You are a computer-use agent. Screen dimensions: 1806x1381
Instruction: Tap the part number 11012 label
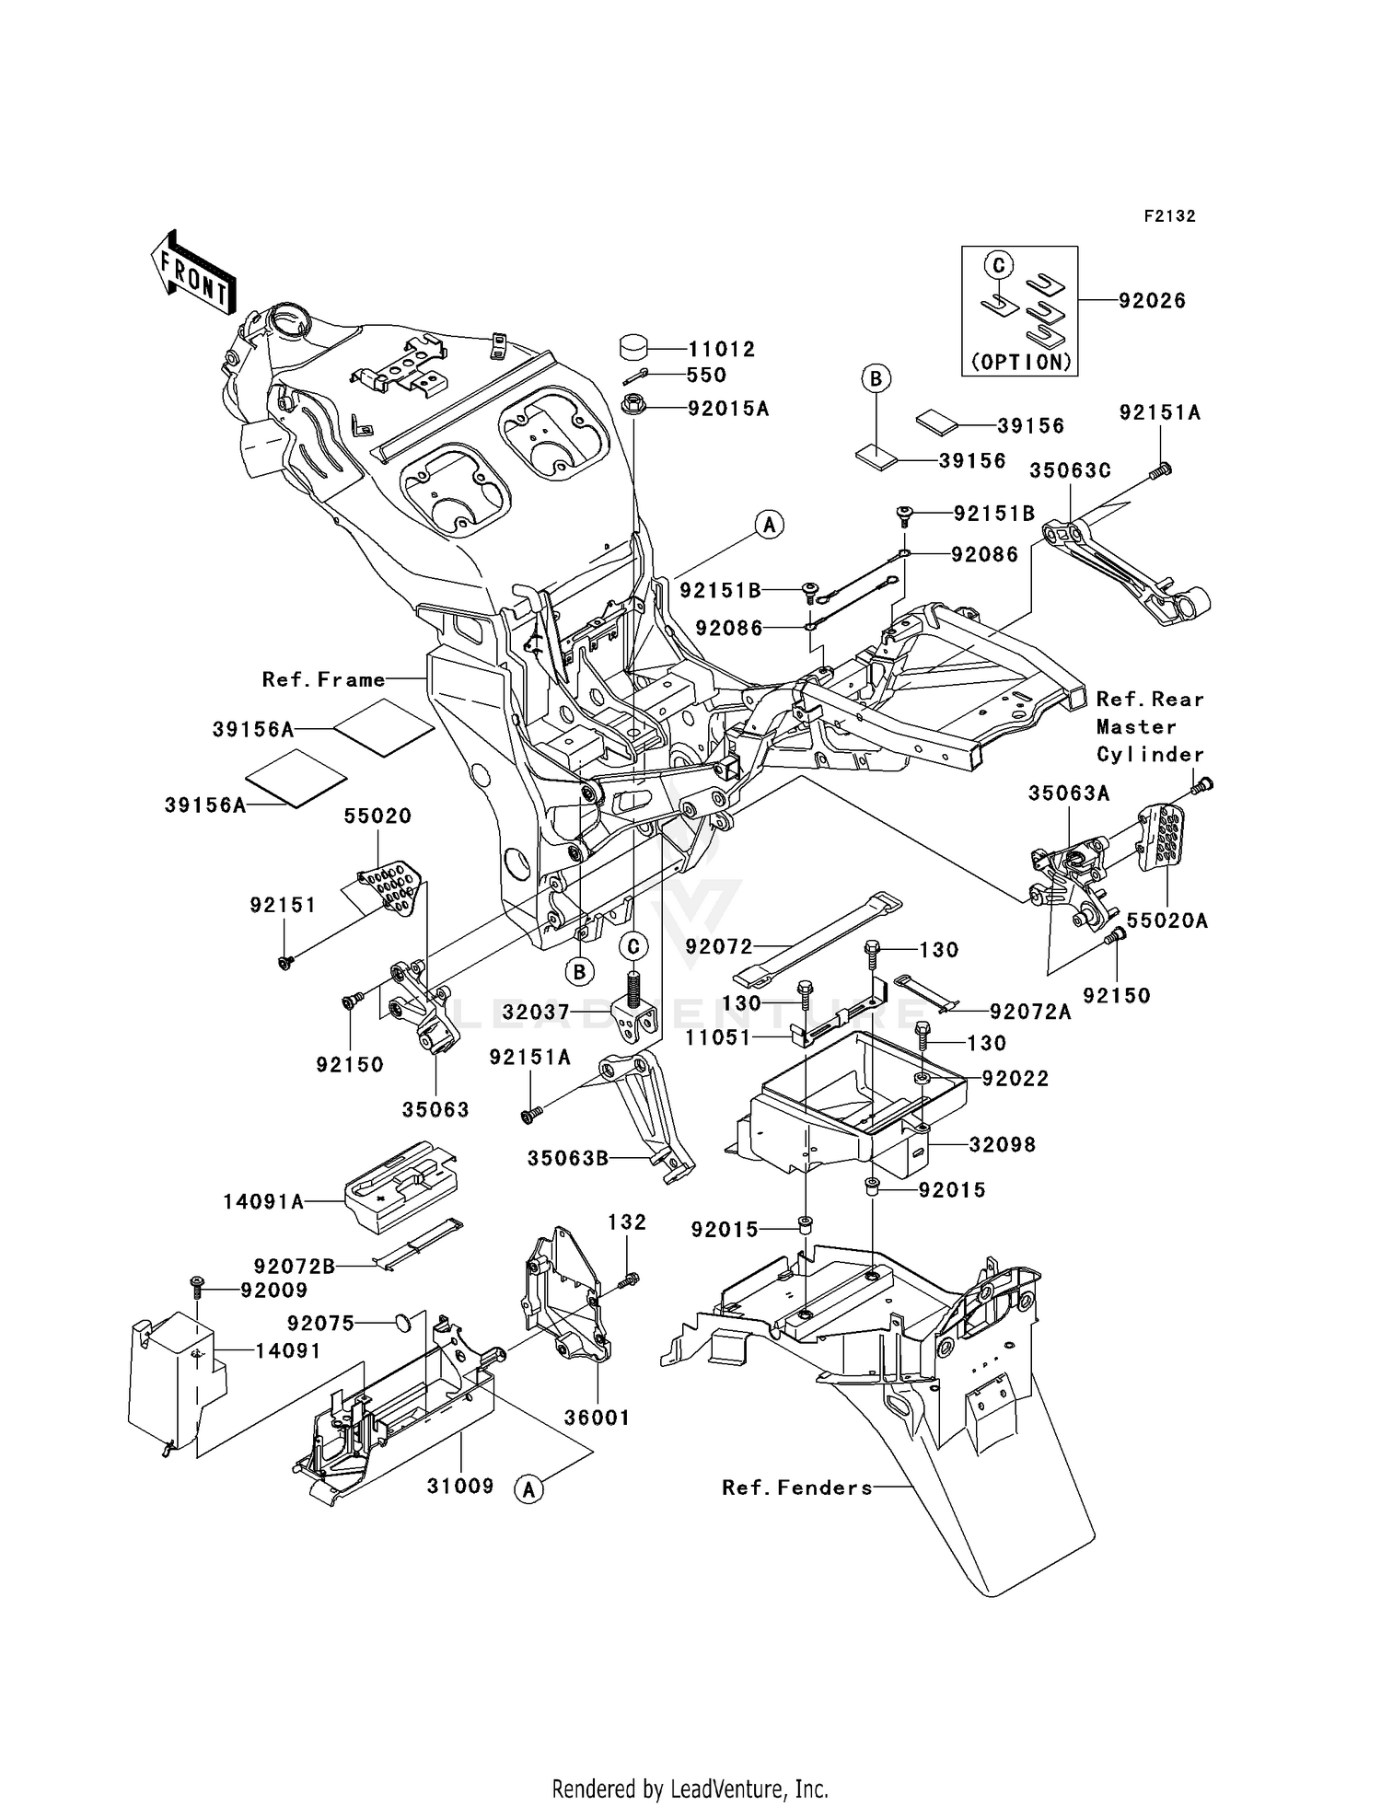[x=721, y=349]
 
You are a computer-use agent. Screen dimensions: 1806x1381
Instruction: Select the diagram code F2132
[x=1169, y=216]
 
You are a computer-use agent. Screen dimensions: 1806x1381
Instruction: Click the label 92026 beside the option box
[x=1152, y=300]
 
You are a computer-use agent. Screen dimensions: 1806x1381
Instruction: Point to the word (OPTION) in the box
[x=1020, y=362]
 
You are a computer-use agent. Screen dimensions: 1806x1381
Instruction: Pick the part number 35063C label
[x=1070, y=470]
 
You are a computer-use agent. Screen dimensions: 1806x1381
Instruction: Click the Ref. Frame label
[x=323, y=679]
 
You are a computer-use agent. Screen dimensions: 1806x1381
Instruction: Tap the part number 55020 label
[x=377, y=816]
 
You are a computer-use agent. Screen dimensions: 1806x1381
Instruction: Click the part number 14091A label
[x=263, y=1201]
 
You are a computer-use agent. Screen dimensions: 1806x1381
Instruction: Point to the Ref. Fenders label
[x=796, y=1488]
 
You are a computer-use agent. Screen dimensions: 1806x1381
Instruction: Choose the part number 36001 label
[x=597, y=1418]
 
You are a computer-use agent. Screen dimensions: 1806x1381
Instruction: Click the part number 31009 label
[x=460, y=1486]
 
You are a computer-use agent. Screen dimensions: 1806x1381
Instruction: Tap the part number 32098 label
[x=1002, y=1144]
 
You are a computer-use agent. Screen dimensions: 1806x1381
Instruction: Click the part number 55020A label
[x=1167, y=920]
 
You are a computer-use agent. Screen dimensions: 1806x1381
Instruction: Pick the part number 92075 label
[x=320, y=1323]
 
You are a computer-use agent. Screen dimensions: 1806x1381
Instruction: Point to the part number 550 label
[x=706, y=375]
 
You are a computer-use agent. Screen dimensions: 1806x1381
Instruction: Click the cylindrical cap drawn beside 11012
[x=632, y=347]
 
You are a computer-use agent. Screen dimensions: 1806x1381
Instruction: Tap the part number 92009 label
[x=273, y=1291]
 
